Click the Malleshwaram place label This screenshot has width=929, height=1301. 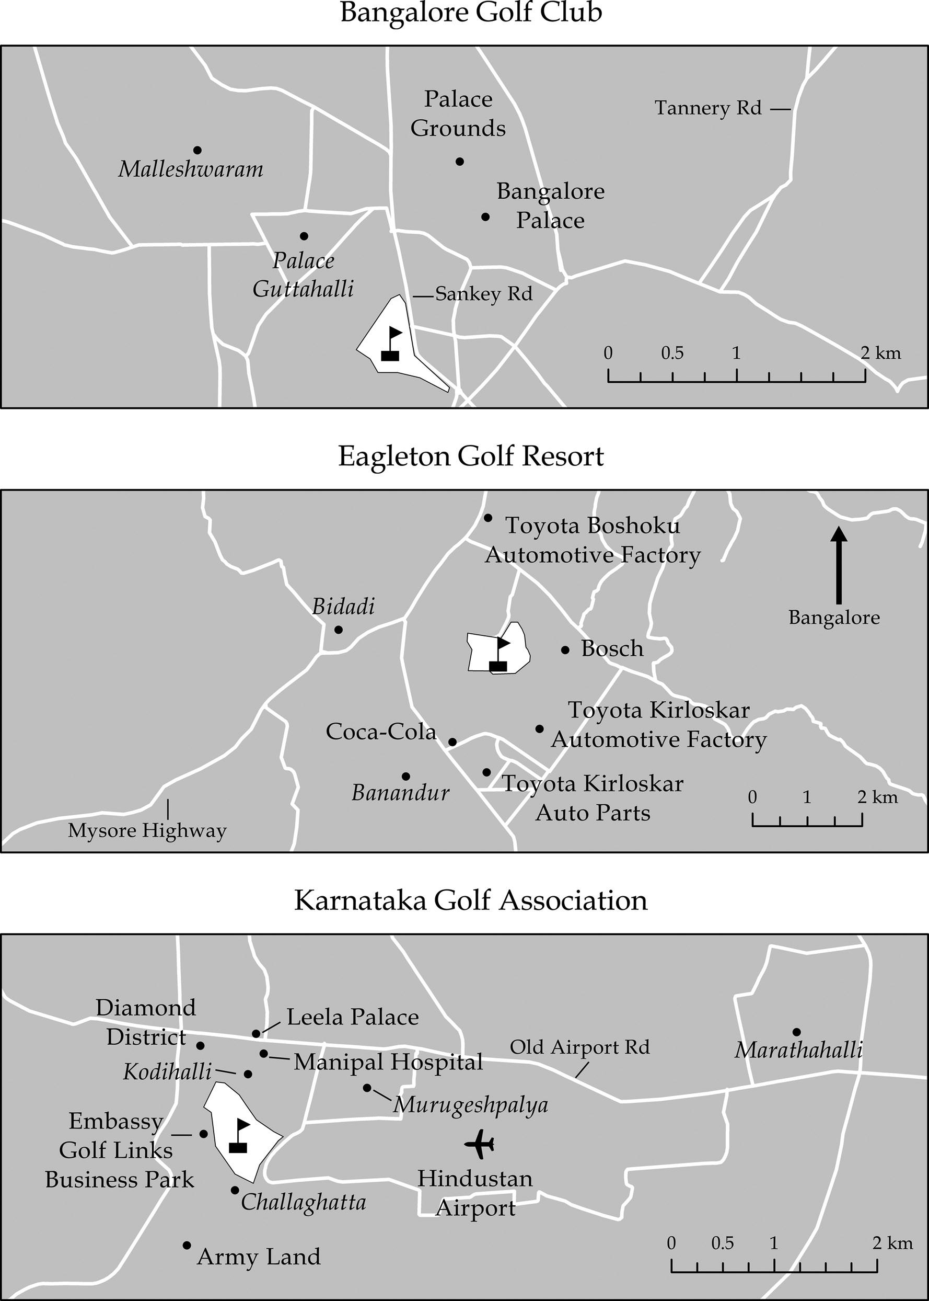coord(191,169)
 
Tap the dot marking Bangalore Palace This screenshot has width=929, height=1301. coord(485,217)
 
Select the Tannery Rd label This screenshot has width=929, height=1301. coord(707,108)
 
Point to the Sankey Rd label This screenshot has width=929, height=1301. coord(483,294)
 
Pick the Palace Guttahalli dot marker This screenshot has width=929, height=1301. coord(304,236)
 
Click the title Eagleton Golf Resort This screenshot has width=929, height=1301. coord(470,457)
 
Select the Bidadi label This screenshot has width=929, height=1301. coord(343,607)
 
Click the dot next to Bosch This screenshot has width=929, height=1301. coord(565,649)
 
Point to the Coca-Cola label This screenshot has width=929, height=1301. coord(381,732)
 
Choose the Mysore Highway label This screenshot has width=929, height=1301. coord(147,830)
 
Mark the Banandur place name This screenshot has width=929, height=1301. coord(400,793)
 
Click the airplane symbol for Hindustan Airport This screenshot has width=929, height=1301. coord(479,1144)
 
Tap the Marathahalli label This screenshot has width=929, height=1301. coord(798,1051)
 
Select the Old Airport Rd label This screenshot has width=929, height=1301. coord(579,1047)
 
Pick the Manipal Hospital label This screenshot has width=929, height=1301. coord(388,1063)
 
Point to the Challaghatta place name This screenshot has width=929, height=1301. coord(303,1202)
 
